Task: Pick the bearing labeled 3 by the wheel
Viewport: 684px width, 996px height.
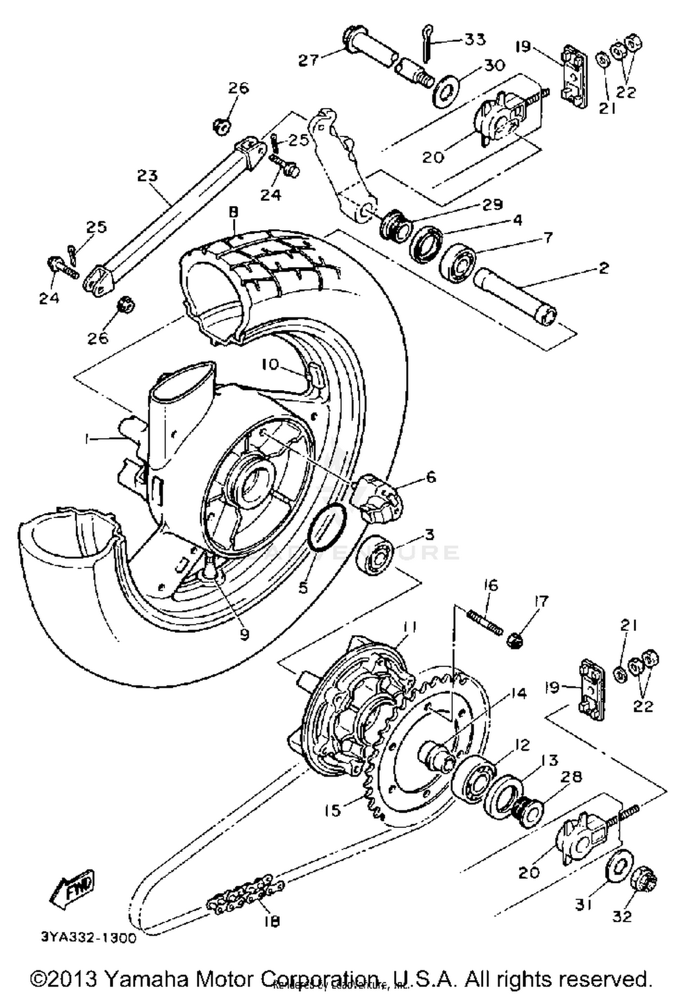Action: (375, 554)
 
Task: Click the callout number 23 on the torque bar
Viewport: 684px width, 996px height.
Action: (147, 175)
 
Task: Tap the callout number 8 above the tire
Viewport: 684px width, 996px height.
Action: (233, 212)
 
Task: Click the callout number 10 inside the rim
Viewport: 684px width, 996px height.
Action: (270, 365)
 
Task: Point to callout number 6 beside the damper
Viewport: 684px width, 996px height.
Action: (430, 477)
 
